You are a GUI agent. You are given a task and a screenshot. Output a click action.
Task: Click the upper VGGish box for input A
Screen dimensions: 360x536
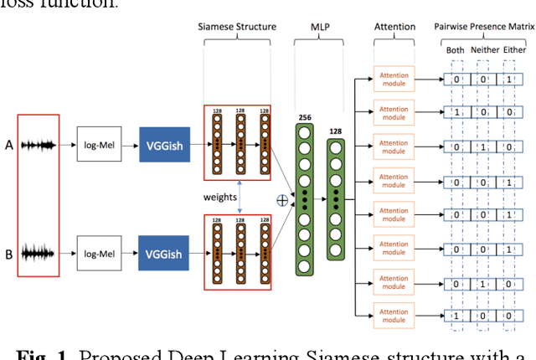pyautogui.click(x=165, y=144)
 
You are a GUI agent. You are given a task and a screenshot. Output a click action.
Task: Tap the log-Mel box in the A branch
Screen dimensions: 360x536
pyautogui.click(x=98, y=144)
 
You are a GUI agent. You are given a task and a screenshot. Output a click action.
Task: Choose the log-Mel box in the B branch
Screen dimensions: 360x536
pyautogui.click(x=98, y=250)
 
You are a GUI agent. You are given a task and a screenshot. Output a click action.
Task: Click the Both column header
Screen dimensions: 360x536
pyautogui.click(x=456, y=49)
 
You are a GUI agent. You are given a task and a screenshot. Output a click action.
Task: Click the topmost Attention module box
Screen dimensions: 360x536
pyautogui.click(x=394, y=79)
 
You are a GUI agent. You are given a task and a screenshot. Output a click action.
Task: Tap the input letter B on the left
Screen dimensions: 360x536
pyautogui.click(x=8, y=250)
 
